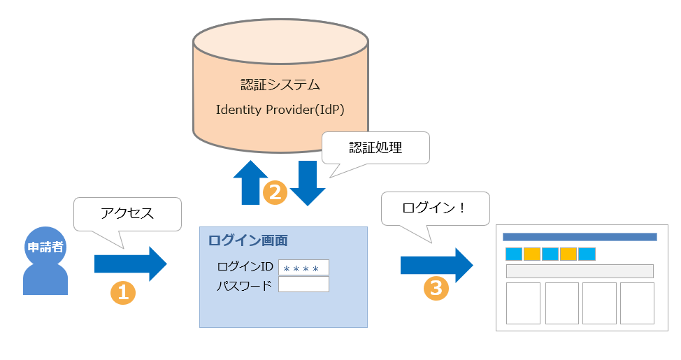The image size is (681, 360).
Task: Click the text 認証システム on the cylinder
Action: (x=280, y=85)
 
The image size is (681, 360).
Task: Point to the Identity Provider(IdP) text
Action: (x=280, y=110)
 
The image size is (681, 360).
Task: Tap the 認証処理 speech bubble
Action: (x=375, y=147)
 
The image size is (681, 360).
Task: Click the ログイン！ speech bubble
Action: (x=434, y=208)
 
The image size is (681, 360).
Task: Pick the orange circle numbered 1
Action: (x=123, y=292)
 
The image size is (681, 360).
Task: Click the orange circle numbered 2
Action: (x=275, y=192)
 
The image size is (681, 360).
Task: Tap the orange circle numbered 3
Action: (x=436, y=289)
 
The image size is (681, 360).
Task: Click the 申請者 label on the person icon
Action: (x=45, y=247)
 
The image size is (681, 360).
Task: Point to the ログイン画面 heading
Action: (x=248, y=240)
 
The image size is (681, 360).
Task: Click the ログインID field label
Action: (x=245, y=267)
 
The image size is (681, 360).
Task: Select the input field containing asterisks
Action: (x=303, y=268)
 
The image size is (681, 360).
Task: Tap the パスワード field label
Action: (x=244, y=285)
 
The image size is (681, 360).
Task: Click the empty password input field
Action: (x=303, y=285)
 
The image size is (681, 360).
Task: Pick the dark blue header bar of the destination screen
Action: (x=580, y=237)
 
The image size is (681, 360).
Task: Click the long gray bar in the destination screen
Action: (x=580, y=271)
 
